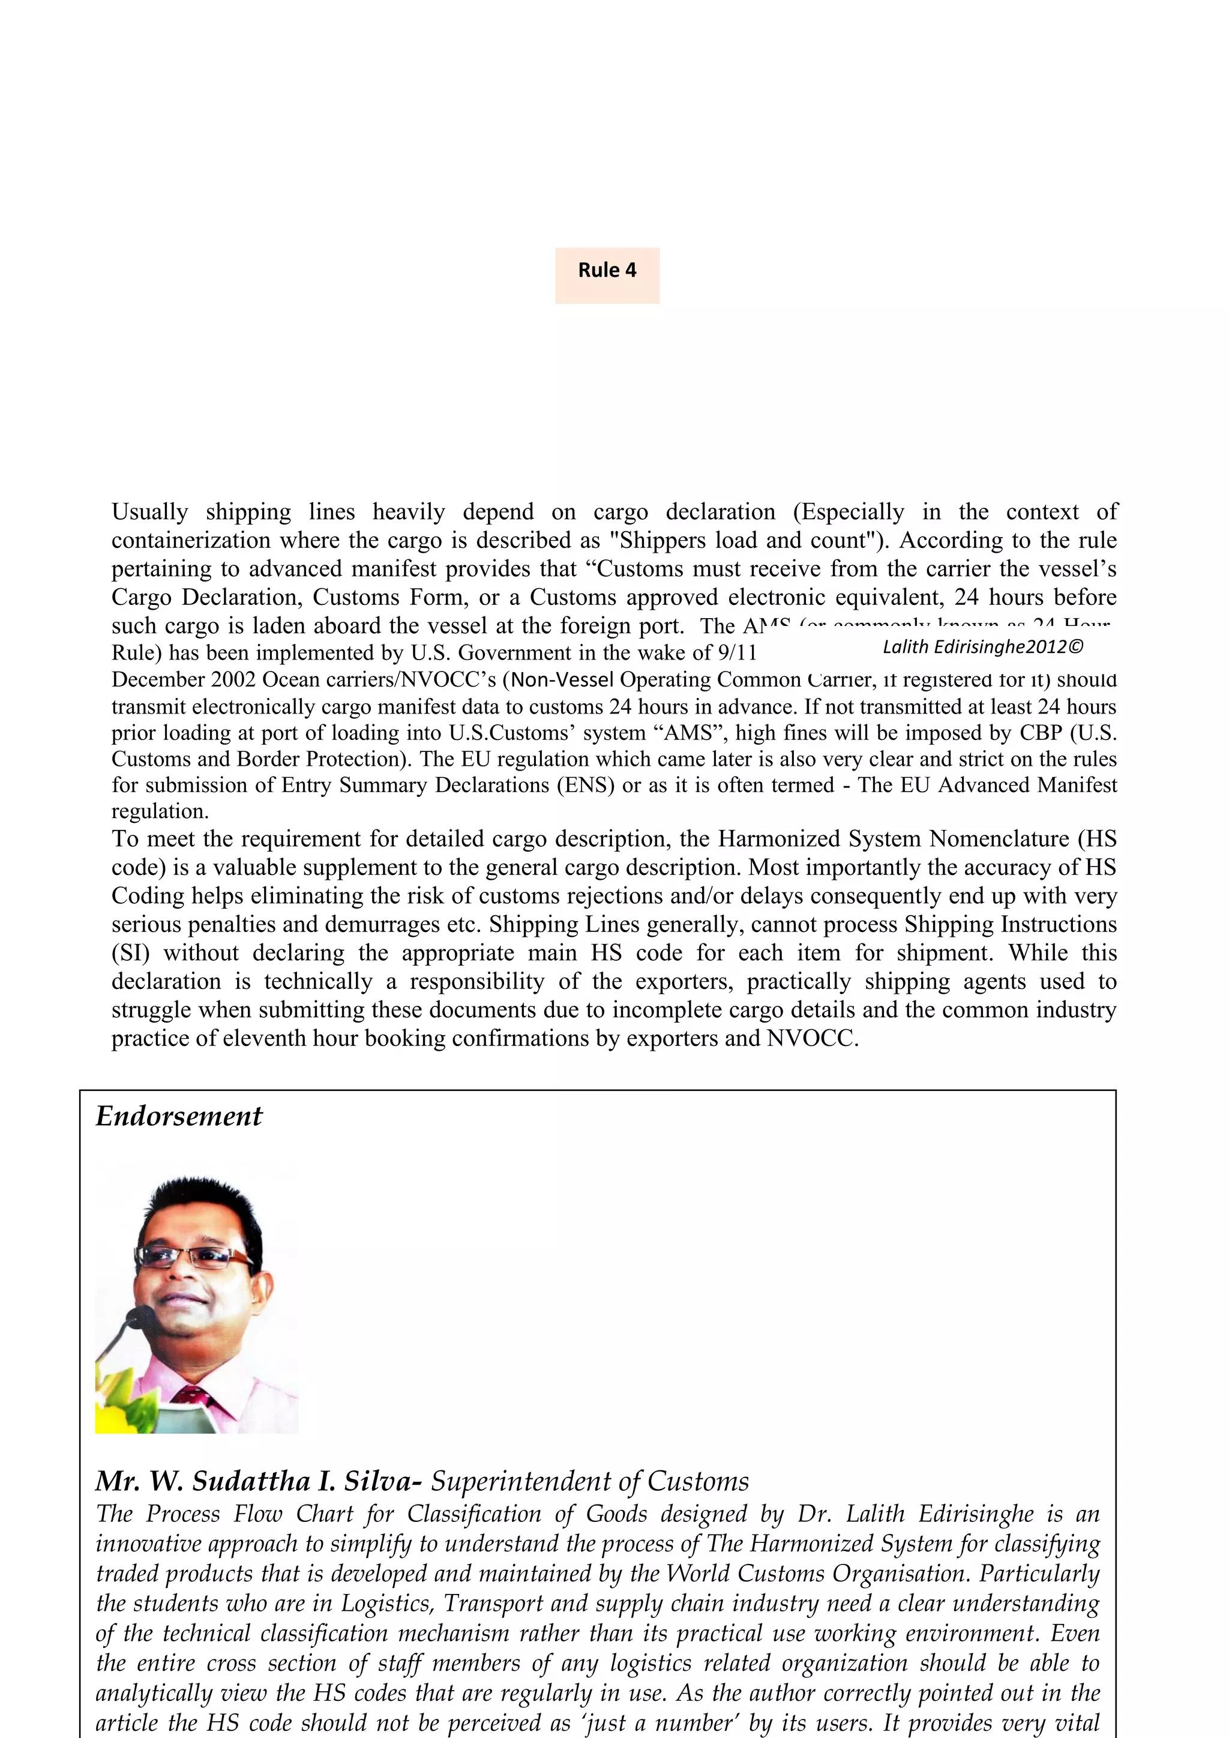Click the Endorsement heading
click(x=179, y=1116)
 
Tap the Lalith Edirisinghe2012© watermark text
click(x=982, y=646)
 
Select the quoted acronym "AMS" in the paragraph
click(x=689, y=733)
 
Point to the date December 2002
click(x=183, y=680)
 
